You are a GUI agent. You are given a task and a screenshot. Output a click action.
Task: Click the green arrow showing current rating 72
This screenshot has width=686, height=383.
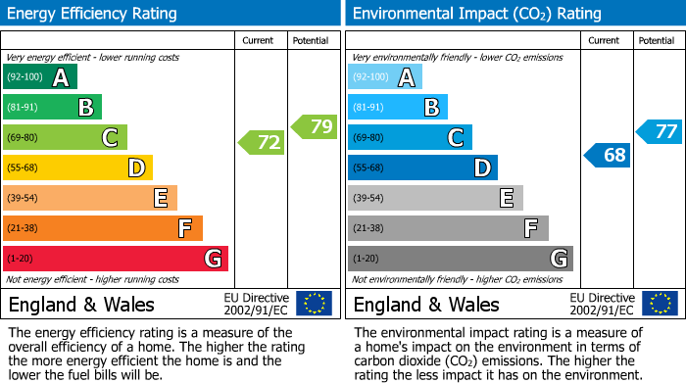pyautogui.click(x=263, y=143)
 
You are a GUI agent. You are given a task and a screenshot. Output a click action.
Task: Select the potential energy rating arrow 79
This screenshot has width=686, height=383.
pyautogui.click(x=315, y=126)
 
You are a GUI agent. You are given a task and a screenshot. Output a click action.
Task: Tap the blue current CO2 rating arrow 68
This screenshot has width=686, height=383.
pyautogui.click(x=608, y=155)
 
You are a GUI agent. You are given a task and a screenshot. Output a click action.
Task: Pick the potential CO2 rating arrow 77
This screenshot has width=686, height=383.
pyautogui.click(x=660, y=131)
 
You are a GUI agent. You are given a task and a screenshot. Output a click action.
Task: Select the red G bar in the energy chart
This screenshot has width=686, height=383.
pyautogui.click(x=116, y=259)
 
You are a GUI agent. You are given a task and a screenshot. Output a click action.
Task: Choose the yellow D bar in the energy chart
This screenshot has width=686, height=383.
pyautogui.click(x=77, y=168)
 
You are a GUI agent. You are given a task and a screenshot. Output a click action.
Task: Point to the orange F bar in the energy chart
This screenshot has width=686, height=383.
pyautogui.click(x=103, y=228)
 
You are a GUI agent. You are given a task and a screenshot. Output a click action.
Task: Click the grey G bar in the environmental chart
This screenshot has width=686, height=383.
pyautogui.click(x=460, y=259)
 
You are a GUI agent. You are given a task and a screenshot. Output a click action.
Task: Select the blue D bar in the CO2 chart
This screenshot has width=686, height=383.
pyautogui.click(x=422, y=168)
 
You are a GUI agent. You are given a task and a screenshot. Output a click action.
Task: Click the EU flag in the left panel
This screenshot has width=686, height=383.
pyautogui.click(x=314, y=304)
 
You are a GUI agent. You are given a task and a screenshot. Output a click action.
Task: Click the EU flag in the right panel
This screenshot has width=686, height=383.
pyautogui.click(x=660, y=304)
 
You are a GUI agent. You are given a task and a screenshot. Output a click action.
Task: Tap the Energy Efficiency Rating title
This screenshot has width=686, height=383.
pyautogui.click(x=93, y=14)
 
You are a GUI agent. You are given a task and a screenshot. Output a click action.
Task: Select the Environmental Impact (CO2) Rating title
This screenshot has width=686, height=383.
pyautogui.click(x=475, y=14)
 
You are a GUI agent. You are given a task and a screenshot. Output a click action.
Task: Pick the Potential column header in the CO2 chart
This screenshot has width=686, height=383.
pyautogui.click(x=657, y=40)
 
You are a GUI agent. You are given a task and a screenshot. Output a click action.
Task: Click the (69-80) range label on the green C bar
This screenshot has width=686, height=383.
pyautogui.click(x=24, y=138)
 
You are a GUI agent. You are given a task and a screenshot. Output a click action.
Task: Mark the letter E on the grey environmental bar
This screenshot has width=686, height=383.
pyautogui.click(x=506, y=198)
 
